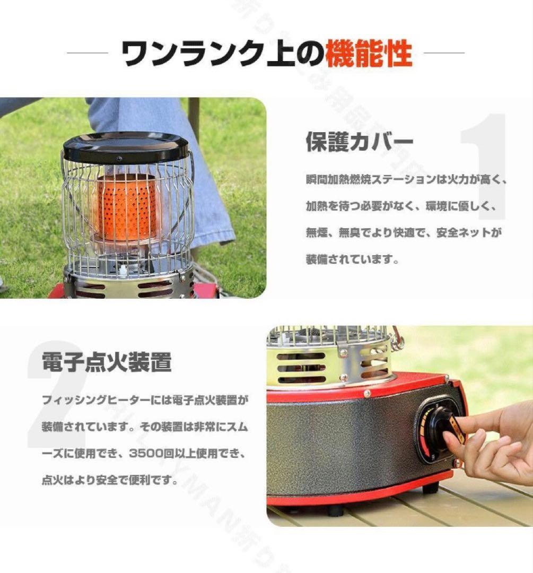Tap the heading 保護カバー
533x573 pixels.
coord(359,142)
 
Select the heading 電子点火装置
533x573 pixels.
coord(107,363)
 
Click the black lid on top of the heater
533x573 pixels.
coord(126,145)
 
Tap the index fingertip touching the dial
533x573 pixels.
coord(450,438)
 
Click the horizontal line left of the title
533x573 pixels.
coord(88,53)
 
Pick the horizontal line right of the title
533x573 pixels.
coord(444,53)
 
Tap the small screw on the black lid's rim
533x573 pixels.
coord(119,159)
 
